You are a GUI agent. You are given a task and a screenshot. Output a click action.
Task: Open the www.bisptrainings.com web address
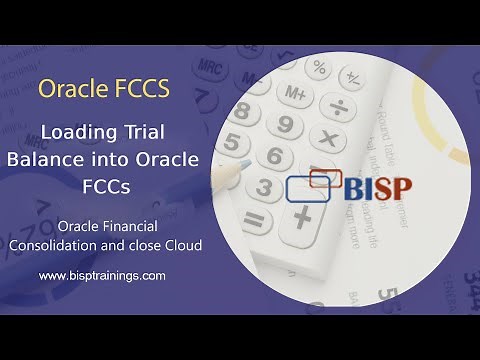coord(103,274)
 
